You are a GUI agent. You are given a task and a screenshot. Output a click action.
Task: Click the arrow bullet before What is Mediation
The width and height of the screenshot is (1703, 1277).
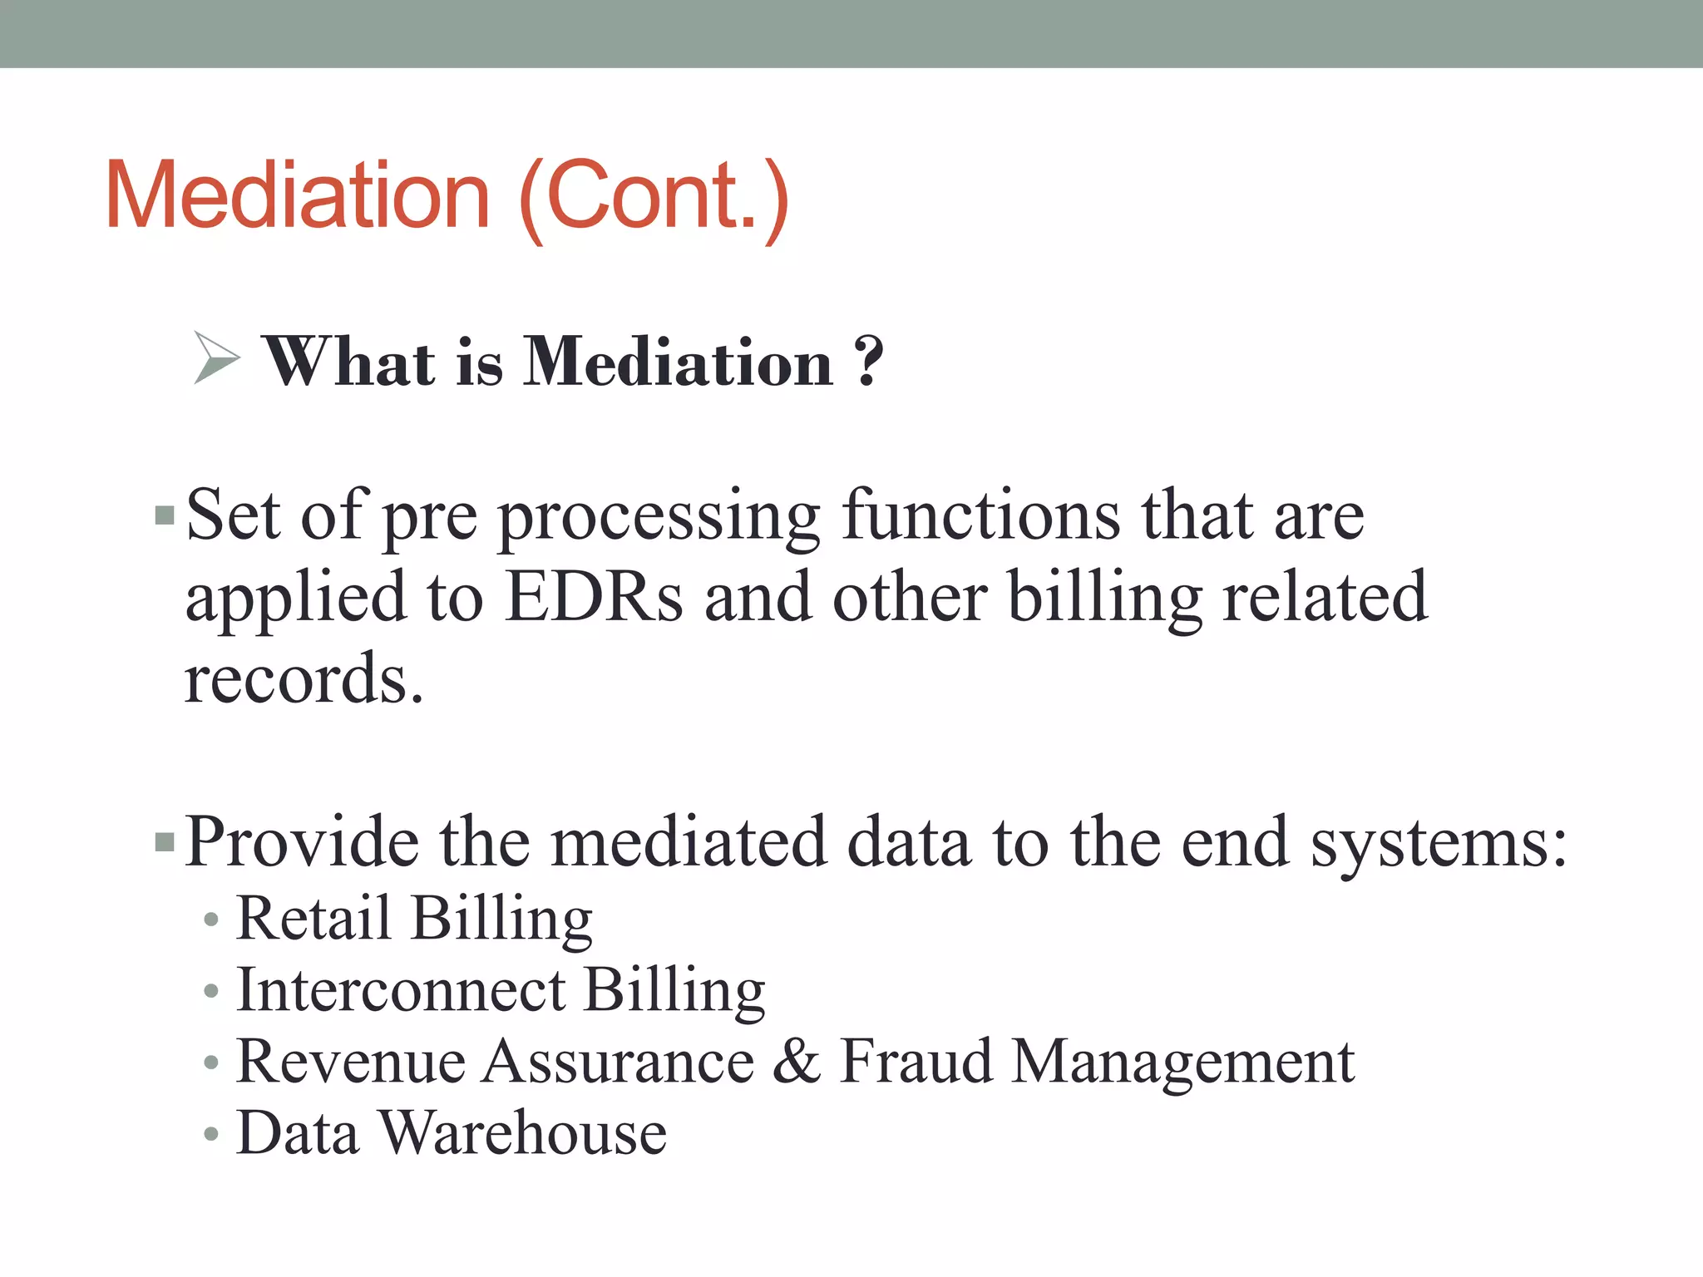pos(215,358)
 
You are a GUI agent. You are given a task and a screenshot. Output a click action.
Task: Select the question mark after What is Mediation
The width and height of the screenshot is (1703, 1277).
pos(868,362)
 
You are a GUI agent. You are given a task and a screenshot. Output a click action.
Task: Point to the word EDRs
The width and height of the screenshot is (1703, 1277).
pos(594,596)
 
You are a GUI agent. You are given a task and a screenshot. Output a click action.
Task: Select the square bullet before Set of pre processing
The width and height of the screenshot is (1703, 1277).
pos(165,516)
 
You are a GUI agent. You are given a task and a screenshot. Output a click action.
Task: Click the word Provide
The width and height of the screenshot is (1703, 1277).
pos(302,842)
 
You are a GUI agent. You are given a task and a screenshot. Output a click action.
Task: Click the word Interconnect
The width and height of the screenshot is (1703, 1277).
pos(402,989)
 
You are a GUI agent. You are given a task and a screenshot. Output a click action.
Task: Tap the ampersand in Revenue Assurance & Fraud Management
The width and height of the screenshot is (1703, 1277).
pos(797,1061)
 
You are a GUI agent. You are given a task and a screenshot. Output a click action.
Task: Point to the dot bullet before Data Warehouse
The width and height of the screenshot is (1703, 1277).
pos(211,1134)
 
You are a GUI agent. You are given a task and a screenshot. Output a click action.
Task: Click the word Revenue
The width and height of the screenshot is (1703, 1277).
pos(350,1062)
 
